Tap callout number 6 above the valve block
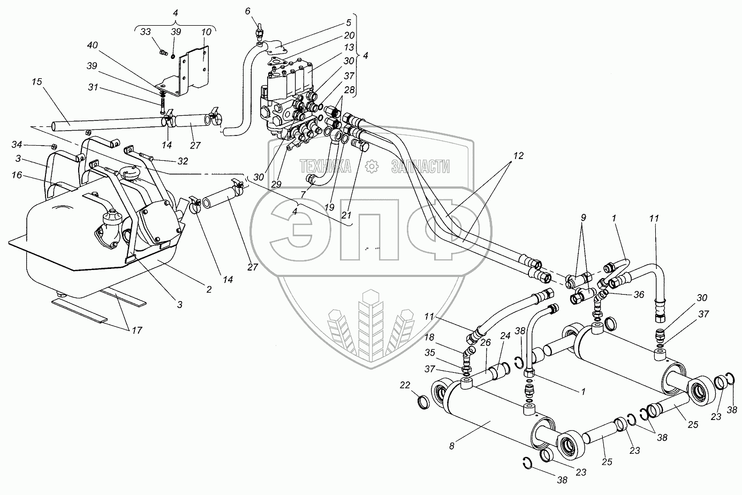tap(247, 11)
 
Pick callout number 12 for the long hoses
tap(517, 156)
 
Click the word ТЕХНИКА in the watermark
tap(325, 167)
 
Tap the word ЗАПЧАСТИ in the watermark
tap(420, 167)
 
